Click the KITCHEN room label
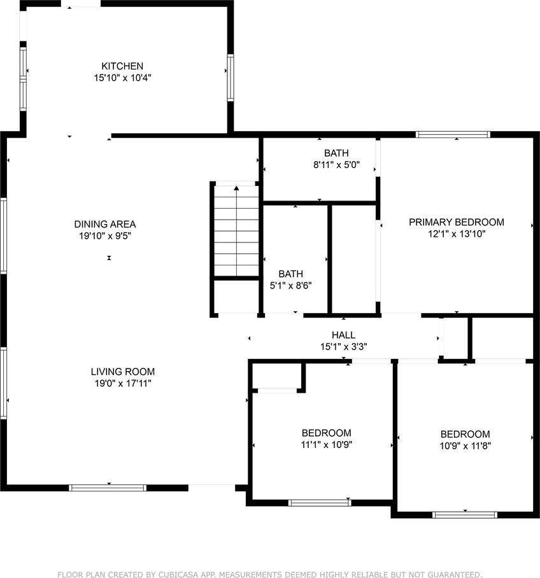[122, 66]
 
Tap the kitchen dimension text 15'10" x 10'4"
[122, 78]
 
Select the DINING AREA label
[105, 224]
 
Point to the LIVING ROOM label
[122, 372]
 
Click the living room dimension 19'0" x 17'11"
[122, 383]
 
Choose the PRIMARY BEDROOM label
[456, 222]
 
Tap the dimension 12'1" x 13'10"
[456, 234]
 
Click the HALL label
[343, 335]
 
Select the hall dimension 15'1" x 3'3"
[343, 347]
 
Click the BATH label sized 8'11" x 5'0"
[336, 153]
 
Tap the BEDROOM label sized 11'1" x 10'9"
[326, 433]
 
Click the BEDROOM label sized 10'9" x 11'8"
[465, 434]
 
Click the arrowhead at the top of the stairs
[236, 188]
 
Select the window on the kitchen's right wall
[230, 78]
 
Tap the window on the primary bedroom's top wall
[453, 134]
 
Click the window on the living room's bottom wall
[108, 488]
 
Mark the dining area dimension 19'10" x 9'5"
[105, 236]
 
